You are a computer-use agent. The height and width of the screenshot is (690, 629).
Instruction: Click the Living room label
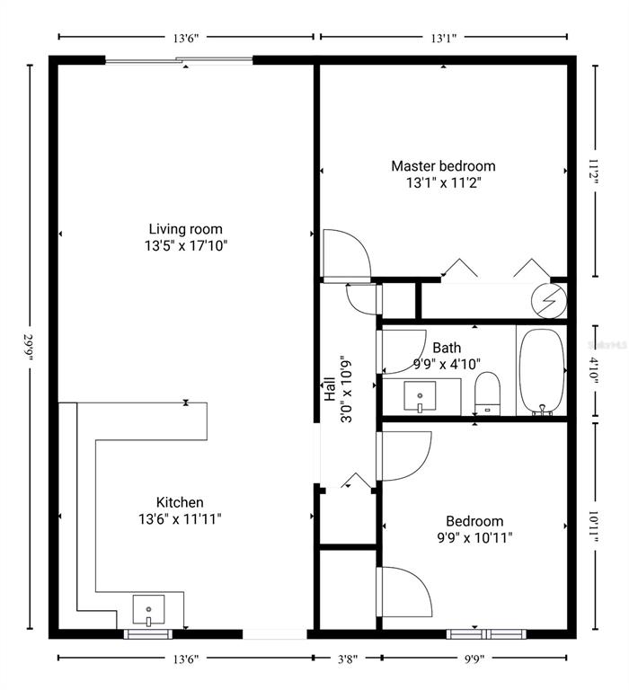185,229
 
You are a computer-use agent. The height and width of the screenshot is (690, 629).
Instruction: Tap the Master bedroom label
442,166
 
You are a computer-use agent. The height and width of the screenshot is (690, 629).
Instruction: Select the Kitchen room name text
180,502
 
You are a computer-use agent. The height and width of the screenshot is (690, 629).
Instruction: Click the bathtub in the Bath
541,370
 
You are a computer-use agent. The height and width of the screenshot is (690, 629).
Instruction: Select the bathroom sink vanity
420,395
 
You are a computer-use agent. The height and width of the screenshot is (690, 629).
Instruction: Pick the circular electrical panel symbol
548,299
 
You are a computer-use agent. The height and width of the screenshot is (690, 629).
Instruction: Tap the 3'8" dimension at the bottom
346,659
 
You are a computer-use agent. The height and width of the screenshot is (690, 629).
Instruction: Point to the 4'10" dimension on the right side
592,370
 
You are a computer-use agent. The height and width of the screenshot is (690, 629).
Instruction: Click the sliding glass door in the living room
180,61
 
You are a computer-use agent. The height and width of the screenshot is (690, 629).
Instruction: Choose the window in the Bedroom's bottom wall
476,632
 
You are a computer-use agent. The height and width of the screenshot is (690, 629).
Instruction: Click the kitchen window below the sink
147,633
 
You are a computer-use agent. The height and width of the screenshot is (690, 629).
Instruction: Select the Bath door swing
402,350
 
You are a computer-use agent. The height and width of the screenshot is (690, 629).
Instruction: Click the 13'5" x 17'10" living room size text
185,245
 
